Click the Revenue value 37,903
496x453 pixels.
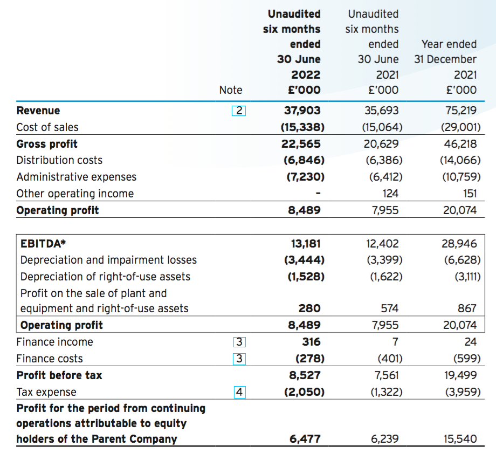point(302,111)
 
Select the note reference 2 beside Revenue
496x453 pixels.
point(239,111)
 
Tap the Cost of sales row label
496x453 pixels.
point(47,127)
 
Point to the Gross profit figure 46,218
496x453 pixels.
point(460,144)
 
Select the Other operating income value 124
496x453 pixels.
point(390,194)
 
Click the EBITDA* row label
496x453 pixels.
point(43,244)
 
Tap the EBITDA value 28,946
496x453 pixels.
point(459,244)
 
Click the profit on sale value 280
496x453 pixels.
point(309,308)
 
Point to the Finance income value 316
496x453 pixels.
point(311,342)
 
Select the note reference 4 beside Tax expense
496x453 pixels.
point(239,392)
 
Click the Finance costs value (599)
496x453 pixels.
point(467,359)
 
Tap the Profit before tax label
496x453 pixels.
point(59,375)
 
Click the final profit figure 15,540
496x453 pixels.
point(460,439)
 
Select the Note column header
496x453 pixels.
point(231,90)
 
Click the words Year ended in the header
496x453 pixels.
point(449,44)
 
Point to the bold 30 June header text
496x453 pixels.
point(299,59)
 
